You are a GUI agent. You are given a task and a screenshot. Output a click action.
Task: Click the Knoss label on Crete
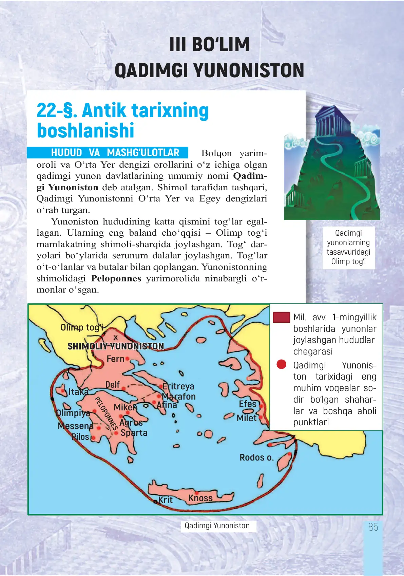[200, 498]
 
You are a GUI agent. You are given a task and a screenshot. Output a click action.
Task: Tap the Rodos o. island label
[256, 457]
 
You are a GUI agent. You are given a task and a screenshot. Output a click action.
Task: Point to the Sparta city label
[134, 433]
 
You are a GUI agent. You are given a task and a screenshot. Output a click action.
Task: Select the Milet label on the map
[247, 418]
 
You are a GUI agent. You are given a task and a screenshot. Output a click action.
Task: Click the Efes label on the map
[248, 404]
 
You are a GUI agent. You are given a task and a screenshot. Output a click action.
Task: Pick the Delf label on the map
[112, 385]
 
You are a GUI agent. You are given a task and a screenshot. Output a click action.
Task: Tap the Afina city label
[167, 405]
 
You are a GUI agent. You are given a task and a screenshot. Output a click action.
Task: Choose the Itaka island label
[78, 392]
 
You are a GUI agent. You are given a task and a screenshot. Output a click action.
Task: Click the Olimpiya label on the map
[73, 413]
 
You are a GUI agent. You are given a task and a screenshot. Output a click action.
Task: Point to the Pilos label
[80, 437]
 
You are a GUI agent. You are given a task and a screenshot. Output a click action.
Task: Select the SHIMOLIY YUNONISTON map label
[116, 346]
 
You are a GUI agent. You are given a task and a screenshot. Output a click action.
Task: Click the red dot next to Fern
[127, 358]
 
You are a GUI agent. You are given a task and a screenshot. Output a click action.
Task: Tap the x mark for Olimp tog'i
[115, 338]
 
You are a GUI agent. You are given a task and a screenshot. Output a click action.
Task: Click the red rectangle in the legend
[281, 317]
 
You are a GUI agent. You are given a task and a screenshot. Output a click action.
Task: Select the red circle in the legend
[281, 364]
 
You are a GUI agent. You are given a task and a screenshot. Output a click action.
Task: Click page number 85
[373, 527]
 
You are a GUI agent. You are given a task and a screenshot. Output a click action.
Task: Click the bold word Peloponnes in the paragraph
[116, 278]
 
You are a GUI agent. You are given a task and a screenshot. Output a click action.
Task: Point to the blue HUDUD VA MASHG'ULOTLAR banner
[108, 153]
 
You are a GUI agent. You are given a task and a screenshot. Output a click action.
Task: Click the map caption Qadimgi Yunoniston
[217, 526]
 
